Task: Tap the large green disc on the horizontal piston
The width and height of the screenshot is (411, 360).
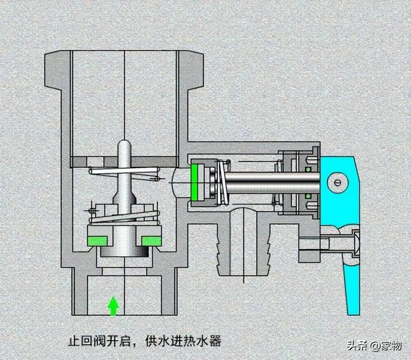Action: click(195, 182)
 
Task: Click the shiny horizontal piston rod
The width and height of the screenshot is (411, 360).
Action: click(257, 182)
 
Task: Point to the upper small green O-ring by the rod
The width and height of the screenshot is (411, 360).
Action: click(308, 169)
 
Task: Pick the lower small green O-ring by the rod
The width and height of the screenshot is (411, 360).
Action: click(308, 194)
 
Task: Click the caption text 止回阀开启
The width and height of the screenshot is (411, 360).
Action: click(103, 341)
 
